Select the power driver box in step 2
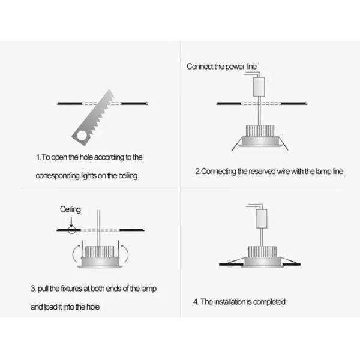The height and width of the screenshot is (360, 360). pyautogui.click(x=259, y=88)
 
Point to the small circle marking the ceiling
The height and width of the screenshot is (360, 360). pyautogui.click(x=72, y=230)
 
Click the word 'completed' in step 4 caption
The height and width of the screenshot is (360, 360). pyautogui.click(x=268, y=301)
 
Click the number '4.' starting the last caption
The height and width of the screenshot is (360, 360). pyautogui.click(x=196, y=301)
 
